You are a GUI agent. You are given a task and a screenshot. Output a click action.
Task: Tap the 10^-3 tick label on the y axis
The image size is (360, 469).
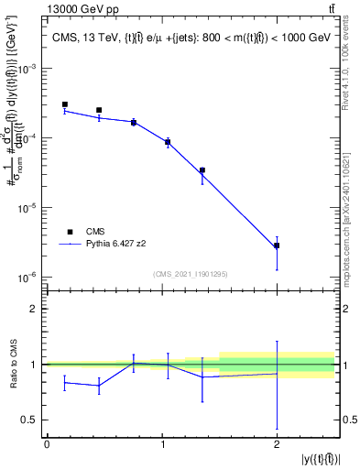27,69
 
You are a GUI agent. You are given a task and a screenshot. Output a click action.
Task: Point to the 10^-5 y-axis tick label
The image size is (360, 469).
27,207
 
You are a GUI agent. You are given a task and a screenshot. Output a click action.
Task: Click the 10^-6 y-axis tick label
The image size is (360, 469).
27,277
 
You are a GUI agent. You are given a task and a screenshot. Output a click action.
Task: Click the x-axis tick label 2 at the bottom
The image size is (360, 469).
276,445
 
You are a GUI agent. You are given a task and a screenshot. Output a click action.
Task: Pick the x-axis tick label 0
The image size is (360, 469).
47,445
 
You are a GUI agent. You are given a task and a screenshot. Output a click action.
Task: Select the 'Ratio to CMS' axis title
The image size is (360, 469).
12,364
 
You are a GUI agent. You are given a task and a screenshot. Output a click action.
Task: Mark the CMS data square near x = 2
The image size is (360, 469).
276,245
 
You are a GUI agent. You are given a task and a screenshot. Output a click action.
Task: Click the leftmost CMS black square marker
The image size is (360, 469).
64,104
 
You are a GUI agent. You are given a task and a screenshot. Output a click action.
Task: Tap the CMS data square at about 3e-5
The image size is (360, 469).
202,170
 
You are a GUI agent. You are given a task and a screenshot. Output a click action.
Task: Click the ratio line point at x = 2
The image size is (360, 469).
276,373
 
